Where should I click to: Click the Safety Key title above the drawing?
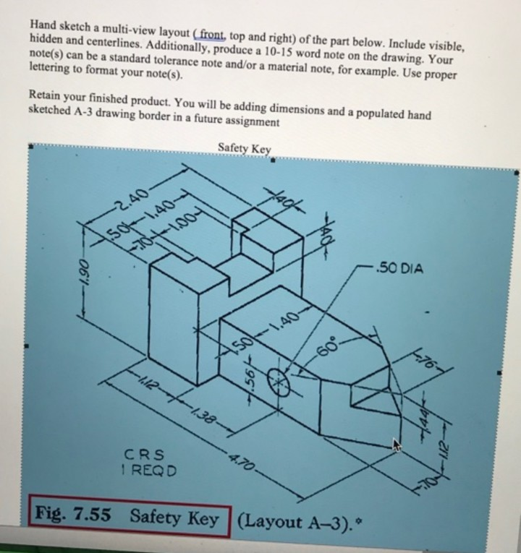(244, 149)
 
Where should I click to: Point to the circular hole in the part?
(279, 379)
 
